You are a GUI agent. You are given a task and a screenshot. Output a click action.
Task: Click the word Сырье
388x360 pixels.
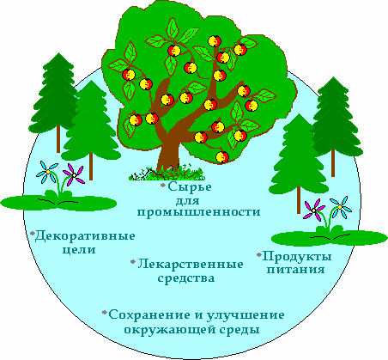(190, 187)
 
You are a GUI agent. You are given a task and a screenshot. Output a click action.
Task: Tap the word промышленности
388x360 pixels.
(198, 212)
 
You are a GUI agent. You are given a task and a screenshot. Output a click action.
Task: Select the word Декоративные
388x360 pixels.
(85, 236)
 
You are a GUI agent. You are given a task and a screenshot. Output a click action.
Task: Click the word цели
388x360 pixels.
(79, 250)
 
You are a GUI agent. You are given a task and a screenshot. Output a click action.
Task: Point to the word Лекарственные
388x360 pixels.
(191, 264)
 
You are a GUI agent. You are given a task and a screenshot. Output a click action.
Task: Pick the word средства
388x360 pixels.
(186, 278)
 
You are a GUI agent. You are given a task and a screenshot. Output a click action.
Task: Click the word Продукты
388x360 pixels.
(297, 256)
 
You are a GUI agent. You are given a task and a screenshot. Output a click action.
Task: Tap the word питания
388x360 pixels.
(296, 270)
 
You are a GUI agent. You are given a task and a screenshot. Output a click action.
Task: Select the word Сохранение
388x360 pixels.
(149, 314)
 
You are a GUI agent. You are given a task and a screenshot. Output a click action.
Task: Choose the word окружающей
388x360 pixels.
(170, 330)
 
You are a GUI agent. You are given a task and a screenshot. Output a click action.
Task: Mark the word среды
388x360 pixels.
(239, 330)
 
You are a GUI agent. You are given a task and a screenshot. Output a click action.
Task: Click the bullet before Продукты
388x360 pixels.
(259, 254)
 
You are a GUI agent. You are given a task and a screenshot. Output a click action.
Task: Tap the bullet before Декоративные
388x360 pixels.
(33, 233)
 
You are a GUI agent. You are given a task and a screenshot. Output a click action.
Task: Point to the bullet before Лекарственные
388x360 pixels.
(133, 262)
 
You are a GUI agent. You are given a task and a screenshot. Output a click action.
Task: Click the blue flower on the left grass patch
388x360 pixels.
(47, 172)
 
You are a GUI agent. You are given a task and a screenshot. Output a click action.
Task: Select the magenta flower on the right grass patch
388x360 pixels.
(314, 210)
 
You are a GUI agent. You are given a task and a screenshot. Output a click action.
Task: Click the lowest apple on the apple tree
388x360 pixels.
(222, 156)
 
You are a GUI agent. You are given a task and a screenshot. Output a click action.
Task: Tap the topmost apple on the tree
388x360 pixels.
(215, 40)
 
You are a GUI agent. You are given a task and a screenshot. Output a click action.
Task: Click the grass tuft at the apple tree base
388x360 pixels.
(167, 174)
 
